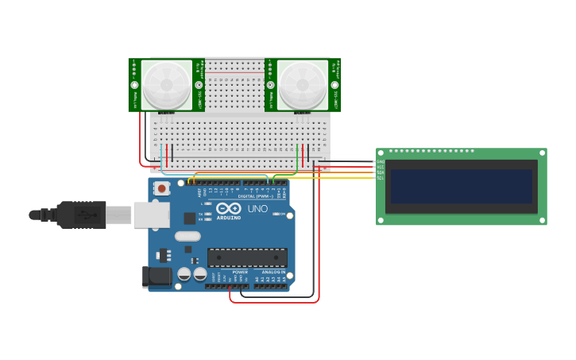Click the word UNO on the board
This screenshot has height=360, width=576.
click(257, 209)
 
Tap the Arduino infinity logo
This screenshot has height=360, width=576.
click(228, 208)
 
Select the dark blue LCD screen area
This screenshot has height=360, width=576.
click(460, 186)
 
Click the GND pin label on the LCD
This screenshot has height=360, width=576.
click(381, 162)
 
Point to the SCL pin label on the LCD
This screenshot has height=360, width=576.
click(381, 178)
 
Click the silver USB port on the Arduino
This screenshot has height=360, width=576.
click(151, 215)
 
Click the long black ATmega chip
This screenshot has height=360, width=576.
click(247, 257)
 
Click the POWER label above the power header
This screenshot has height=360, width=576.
click(240, 272)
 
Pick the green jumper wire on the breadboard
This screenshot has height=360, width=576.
click(298, 159)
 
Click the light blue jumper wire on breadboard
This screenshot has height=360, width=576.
click(161, 157)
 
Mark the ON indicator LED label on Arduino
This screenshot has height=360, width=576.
click(282, 214)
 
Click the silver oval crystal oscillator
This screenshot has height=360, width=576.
click(187, 236)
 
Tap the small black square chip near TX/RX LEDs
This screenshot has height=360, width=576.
click(189, 218)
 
